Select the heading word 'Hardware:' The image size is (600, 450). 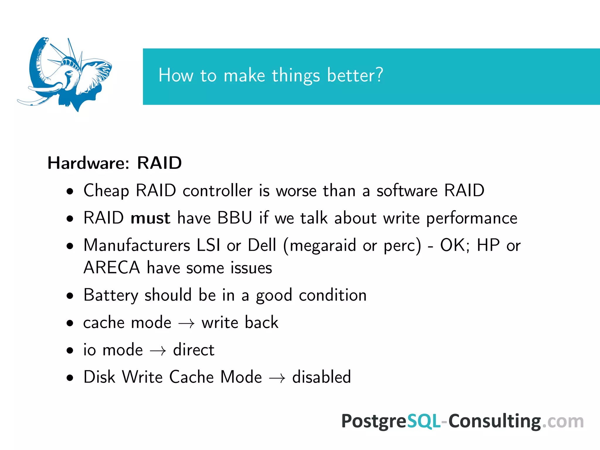pos(88,163)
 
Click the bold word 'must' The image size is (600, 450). pos(150,218)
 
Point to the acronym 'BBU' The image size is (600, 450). pos(234,218)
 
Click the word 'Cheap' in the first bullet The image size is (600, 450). pos(106,191)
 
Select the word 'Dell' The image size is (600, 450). pos(262,245)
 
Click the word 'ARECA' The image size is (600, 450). pos(112,268)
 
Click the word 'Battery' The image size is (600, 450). pos(110,295)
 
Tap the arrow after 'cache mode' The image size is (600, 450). pos(187,324)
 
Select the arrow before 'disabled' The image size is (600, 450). pos(277,378)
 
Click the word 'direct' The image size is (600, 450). pos(194,350)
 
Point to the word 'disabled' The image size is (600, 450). pos(321,377)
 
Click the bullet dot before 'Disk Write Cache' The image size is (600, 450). pos(70,378)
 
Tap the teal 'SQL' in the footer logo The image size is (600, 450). pos(424,421)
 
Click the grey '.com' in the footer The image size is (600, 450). pos(562,422)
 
